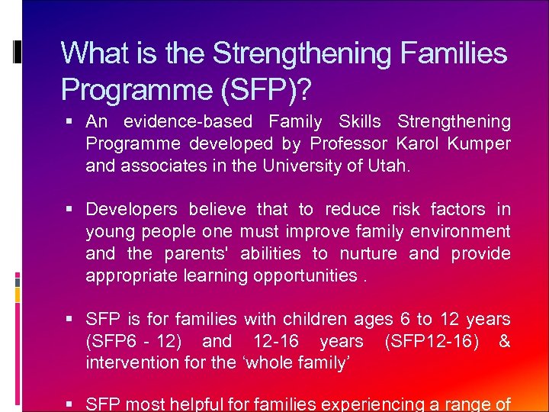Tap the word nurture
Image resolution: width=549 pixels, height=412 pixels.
pos(368,253)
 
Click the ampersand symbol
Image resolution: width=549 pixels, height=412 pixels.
pos(504,341)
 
